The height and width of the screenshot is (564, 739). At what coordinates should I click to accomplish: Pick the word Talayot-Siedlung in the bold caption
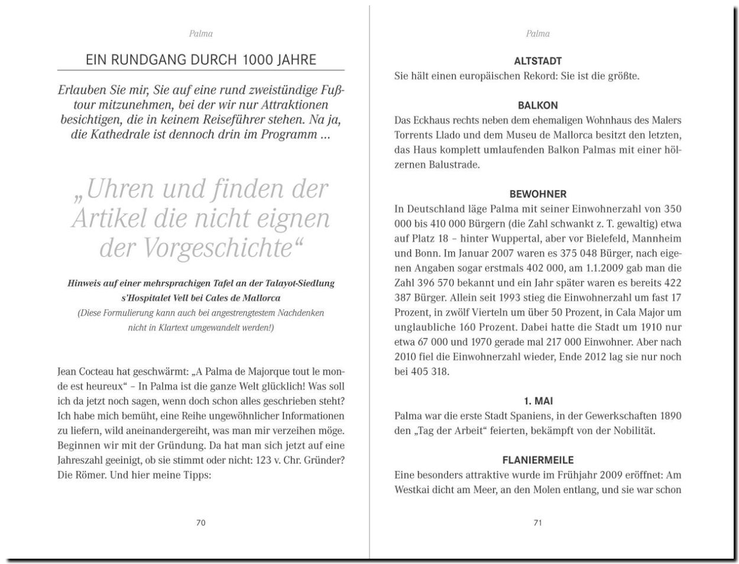[x=301, y=283]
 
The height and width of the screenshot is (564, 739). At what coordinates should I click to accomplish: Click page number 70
[x=200, y=523]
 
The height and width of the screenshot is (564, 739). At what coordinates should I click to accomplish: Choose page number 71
[x=537, y=523]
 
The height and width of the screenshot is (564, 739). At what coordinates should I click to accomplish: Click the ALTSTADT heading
[x=537, y=61]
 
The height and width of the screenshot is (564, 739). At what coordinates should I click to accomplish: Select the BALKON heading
[x=537, y=105]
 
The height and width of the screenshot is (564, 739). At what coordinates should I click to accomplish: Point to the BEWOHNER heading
[x=537, y=194]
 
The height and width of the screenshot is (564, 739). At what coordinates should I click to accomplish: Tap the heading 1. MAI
[x=537, y=401]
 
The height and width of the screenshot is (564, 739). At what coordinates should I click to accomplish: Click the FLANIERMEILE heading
[x=537, y=460]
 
